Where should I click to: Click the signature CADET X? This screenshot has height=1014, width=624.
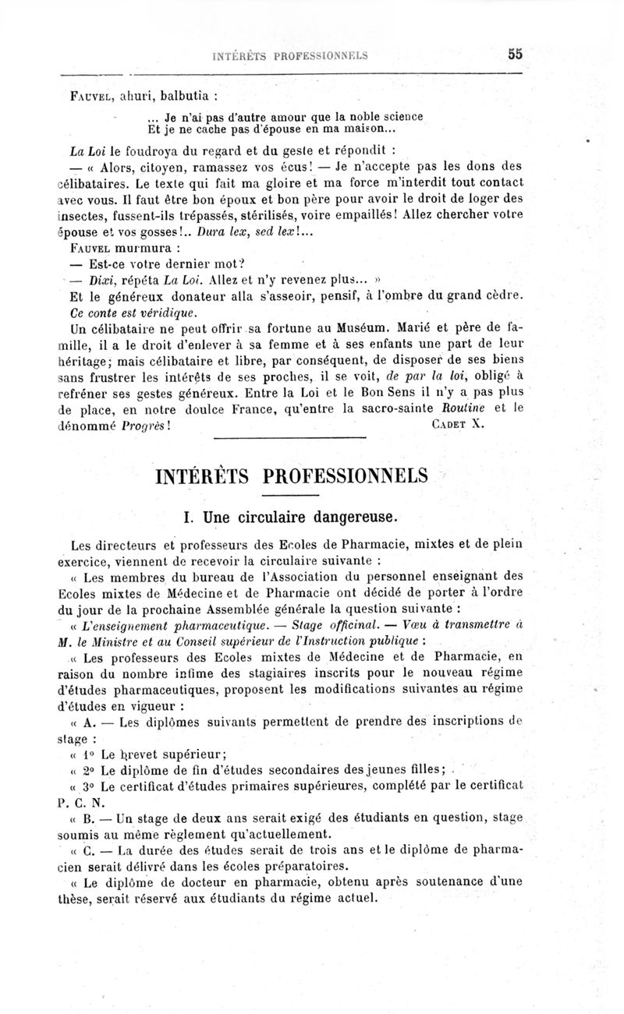(458, 426)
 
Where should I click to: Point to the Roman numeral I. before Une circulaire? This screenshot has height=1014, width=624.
(187, 516)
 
